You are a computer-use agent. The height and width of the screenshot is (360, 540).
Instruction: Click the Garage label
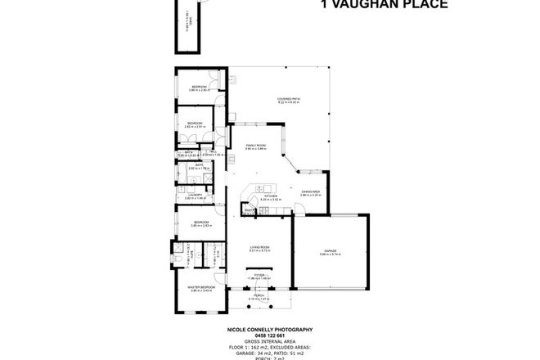[330, 250]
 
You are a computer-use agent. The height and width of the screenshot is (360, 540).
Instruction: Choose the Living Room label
[260, 247]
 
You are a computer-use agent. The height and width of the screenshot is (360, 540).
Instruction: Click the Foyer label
[260, 275]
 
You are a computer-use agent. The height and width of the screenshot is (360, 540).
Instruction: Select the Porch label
[260, 296]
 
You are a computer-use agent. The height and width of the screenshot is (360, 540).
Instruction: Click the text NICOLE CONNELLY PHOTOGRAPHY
[269, 329]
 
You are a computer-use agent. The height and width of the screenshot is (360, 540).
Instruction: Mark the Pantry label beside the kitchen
[246, 210]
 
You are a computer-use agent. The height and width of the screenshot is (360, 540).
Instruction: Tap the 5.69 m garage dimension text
[330, 254]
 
